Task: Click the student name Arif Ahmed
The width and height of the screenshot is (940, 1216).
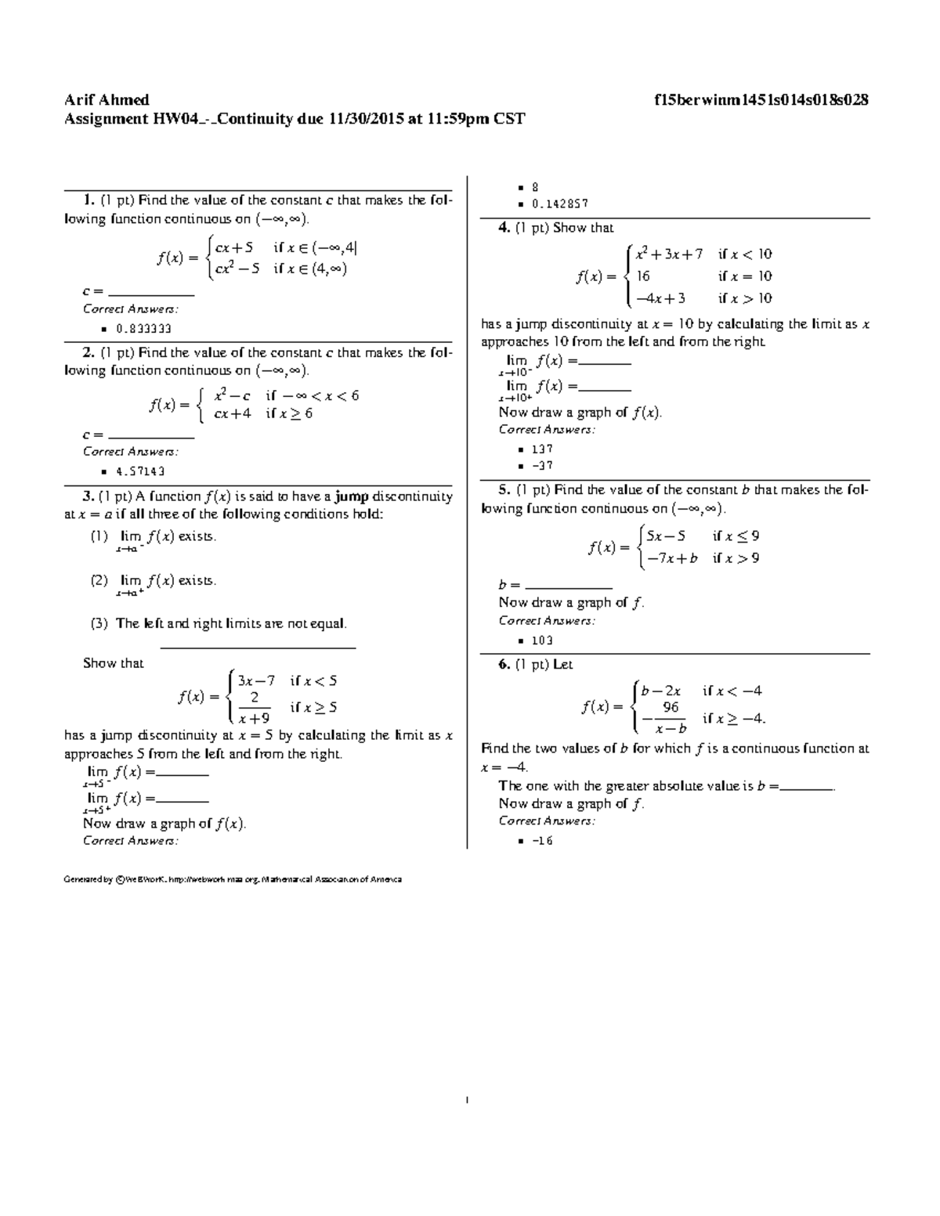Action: (107, 100)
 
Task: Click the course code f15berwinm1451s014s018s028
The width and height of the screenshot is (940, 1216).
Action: (761, 100)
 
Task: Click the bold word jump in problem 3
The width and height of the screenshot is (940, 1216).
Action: (352, 496)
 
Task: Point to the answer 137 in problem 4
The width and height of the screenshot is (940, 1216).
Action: (542, 449)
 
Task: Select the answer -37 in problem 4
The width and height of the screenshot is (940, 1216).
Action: (542, 465)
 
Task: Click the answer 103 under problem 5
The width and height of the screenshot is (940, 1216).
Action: (542, 640)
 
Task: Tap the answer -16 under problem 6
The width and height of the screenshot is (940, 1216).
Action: (542, 841)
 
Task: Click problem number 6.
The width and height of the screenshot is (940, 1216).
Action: (504, 665)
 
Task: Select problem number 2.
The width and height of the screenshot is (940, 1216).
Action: (88, 353)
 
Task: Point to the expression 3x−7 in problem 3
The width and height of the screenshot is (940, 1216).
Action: (256, 680)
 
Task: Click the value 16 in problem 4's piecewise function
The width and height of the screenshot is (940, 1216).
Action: (643, 276)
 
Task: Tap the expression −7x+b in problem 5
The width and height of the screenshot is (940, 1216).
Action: (667, 558)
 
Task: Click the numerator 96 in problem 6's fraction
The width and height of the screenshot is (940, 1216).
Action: (671, 707)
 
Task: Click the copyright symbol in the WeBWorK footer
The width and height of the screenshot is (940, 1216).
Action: (119, 879)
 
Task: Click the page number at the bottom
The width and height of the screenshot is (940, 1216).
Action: (467, 1101)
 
